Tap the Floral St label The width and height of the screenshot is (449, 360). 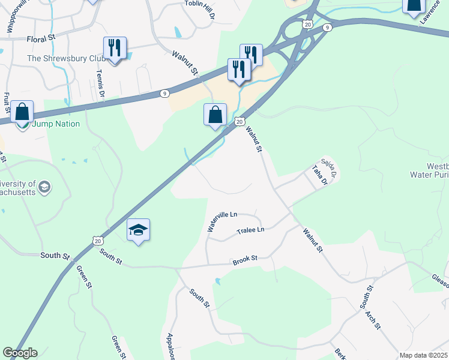point(41,39)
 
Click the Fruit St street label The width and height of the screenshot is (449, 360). point(7,103)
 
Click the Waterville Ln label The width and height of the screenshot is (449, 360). point(222,221)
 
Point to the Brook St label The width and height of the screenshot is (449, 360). point(245,259)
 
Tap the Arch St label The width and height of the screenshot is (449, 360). point(374,319)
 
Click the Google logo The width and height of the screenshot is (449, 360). point(20,353)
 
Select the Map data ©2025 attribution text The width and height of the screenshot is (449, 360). point(423,355)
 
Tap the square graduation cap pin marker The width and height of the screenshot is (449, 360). point(138,230)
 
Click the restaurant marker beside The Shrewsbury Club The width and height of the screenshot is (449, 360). point(114,49)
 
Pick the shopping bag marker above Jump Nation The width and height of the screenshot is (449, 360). point(22,112)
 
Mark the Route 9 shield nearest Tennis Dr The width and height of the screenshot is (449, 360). point(164,93)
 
